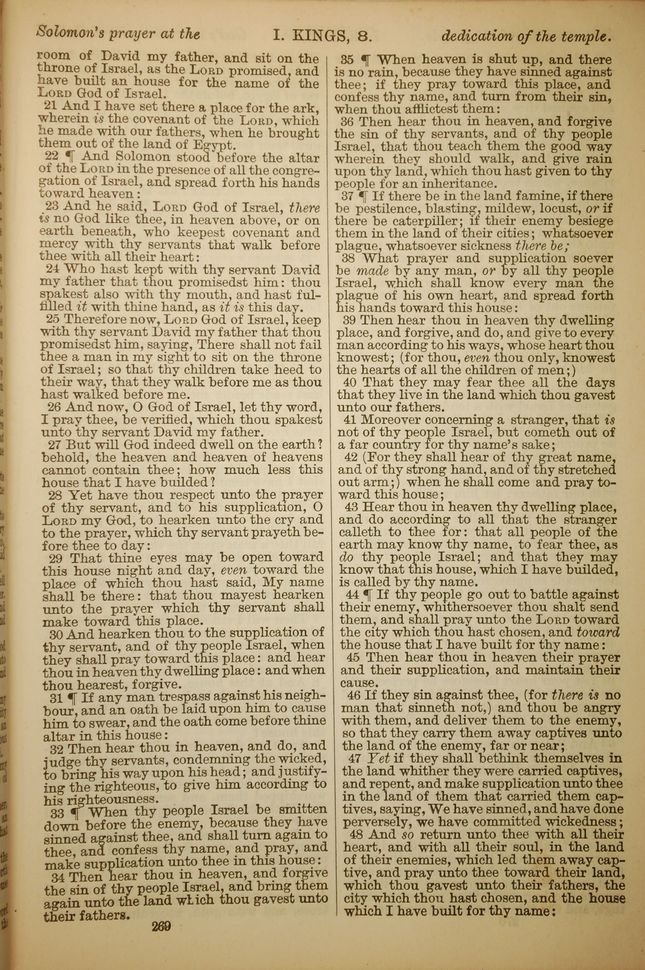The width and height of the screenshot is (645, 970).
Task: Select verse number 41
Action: (x=350, y=420)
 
